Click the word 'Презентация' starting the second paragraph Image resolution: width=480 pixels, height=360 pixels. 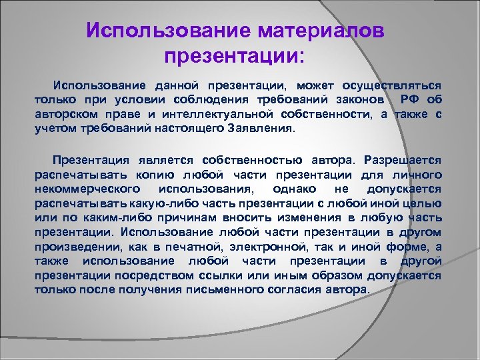point(94,161)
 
